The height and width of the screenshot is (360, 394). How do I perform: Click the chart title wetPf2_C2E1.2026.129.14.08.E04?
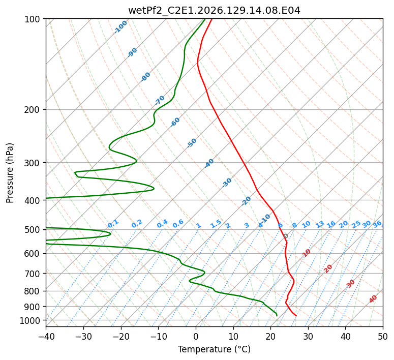(x=215, y=11)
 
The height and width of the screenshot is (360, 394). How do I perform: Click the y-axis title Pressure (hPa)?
(x=10, y=173)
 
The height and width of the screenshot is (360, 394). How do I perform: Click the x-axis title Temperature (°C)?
(x=215, y=349)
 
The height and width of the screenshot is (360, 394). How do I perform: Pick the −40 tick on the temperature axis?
(x=46, y=336)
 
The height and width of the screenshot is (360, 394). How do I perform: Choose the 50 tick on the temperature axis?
(x=383, y=336)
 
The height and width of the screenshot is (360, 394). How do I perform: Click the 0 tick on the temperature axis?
(x=196, y=336)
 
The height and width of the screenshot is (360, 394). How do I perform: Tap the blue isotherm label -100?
(x=120, y=27)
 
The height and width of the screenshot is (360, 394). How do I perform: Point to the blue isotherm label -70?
(x=160, y=100)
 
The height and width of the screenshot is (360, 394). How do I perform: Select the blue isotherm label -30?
(x=227, y=183)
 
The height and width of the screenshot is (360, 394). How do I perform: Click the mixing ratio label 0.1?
(x=113, y=224)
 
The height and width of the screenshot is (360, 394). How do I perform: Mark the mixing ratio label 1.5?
(x=216, y=224)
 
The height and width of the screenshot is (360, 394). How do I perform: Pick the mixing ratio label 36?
(x=377, y=224)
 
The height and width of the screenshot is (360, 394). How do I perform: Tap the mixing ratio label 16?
(x=331, y=224)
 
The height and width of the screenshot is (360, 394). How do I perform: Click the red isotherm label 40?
(x=373, y=299)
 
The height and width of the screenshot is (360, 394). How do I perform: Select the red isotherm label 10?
(x=307, y=253)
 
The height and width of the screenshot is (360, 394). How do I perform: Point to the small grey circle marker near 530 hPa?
(x=286, y=236)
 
